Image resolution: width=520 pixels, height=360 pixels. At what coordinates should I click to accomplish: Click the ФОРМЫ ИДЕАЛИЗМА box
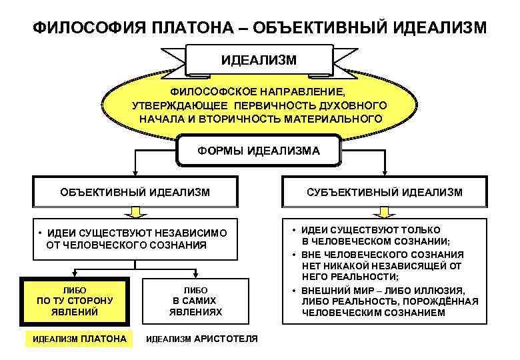(259, 151)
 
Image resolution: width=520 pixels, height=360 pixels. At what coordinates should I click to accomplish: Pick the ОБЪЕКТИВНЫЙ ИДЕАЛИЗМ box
(135, 192)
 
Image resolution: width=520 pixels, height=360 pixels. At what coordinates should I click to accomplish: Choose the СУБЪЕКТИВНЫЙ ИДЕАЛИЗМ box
(384, 192)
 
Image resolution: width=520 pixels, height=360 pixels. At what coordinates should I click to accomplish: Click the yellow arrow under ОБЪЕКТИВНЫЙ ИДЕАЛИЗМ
(135, 213)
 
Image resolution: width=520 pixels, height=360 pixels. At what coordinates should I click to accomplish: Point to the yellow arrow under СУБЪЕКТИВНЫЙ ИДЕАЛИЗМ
(384, 213)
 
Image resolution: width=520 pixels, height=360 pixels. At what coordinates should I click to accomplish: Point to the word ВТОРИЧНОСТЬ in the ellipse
(293, 119)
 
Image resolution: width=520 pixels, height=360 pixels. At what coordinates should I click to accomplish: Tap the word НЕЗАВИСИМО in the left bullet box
(191, 233)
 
